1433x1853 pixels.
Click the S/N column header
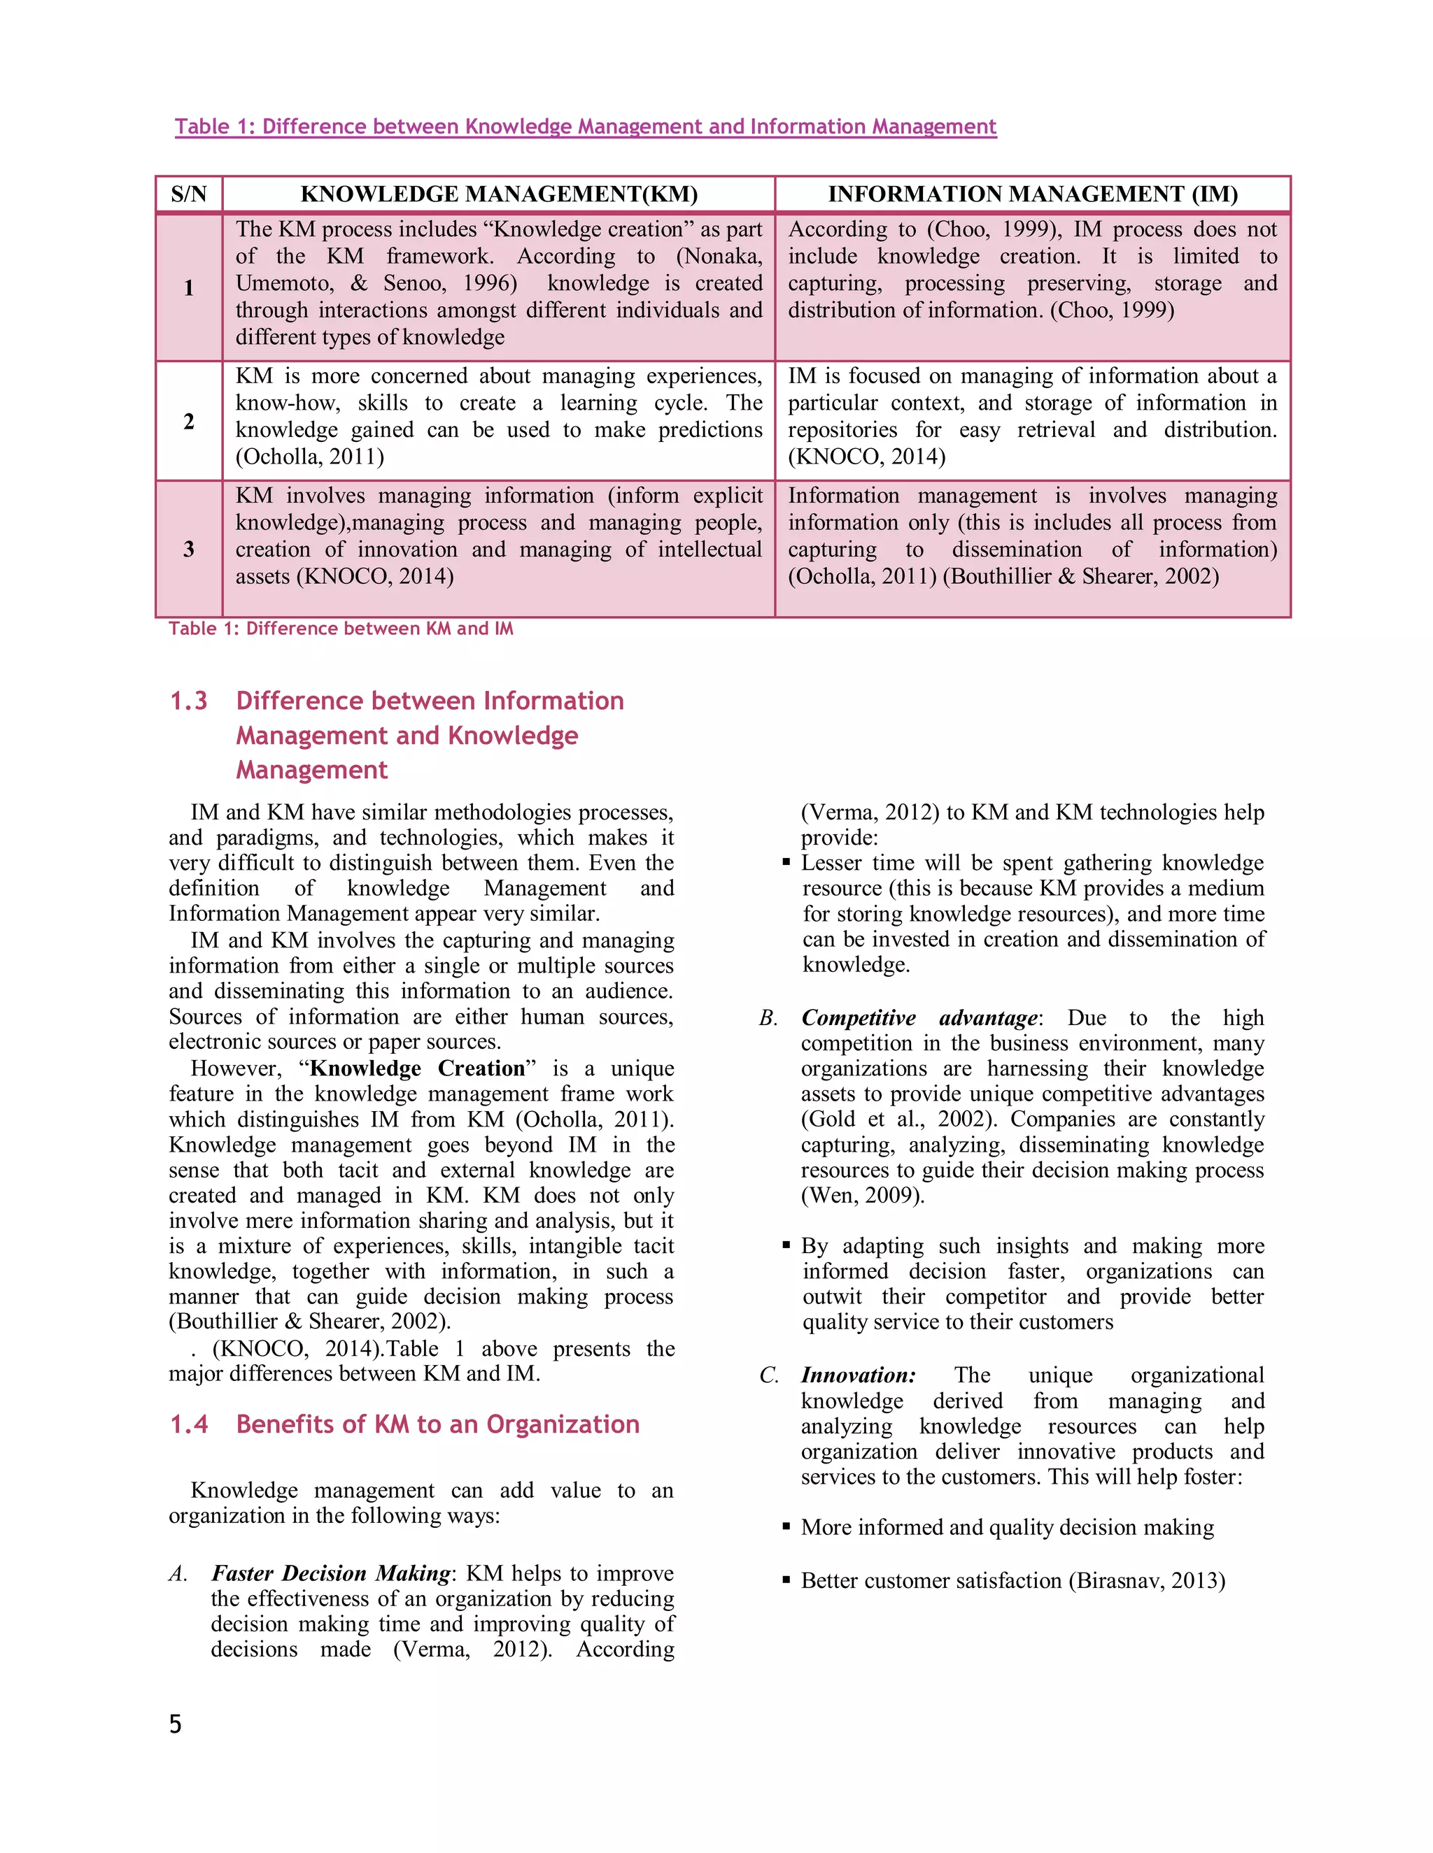click(x=188, y=194)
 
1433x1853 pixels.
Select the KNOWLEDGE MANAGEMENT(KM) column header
click(x=498, y=194)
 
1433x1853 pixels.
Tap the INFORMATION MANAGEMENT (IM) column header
click(x=1032, y=194)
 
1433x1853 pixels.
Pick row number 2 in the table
click(x=188, y=421)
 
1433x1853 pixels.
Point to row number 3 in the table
click(x=188, y=549)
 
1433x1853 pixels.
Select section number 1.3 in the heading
click(x=188, y=701)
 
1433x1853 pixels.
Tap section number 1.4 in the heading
click(x=188, y=1424)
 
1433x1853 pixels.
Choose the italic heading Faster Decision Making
click(x=331, y=1573)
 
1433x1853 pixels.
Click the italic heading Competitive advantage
click(x=919, y=1017)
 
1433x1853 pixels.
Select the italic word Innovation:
click(x=859, y=1375)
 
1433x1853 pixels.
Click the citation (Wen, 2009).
click(x=863, y=1196)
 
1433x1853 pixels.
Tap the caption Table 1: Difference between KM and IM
click(x=341, y=629)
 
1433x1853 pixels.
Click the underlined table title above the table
click(x=585, y=127)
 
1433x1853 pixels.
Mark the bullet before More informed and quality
click(x=786, y=1527)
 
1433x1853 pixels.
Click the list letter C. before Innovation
click(x=769, y=1375)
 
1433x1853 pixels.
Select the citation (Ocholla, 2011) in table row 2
click(x=309, y=457)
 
